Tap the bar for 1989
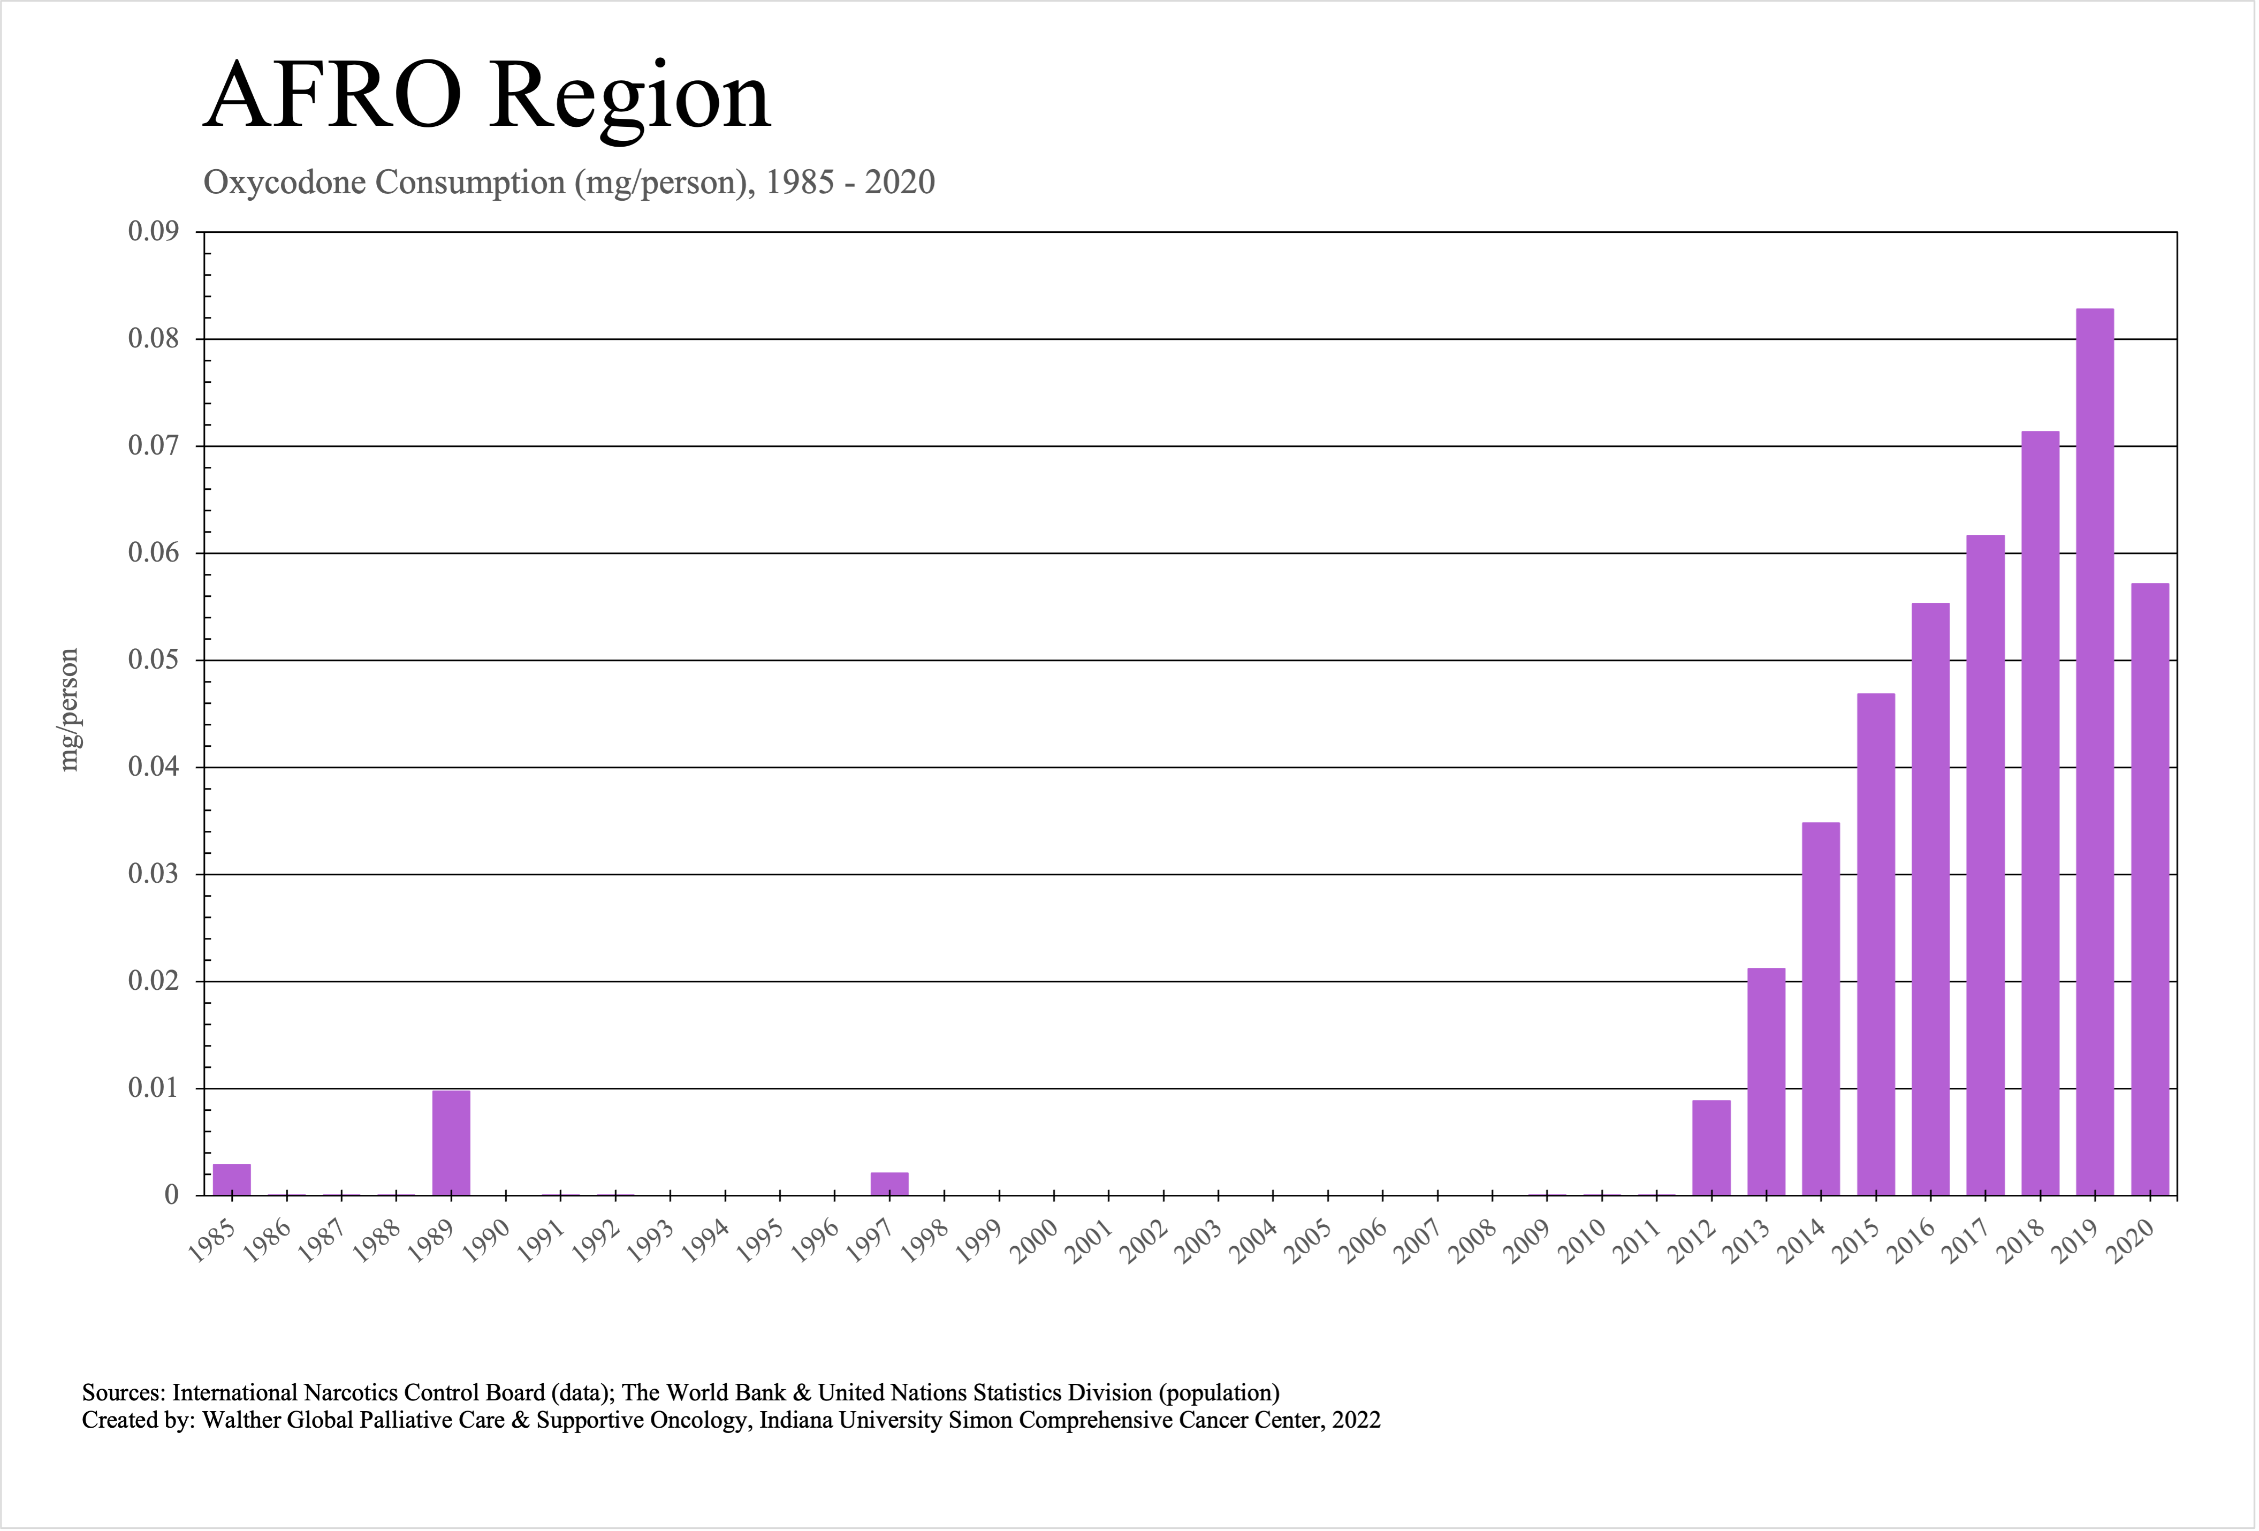point(451,1143)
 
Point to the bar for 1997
point(889,1184)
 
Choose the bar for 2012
point(1711,1147)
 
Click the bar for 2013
point(1766,1081)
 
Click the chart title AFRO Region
point(486,97)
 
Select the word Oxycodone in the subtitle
point(286,183)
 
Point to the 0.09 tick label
point(154,231)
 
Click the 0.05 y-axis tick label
point(154,660)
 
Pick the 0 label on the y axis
point(171,1195)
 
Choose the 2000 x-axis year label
point(1035,1242)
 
